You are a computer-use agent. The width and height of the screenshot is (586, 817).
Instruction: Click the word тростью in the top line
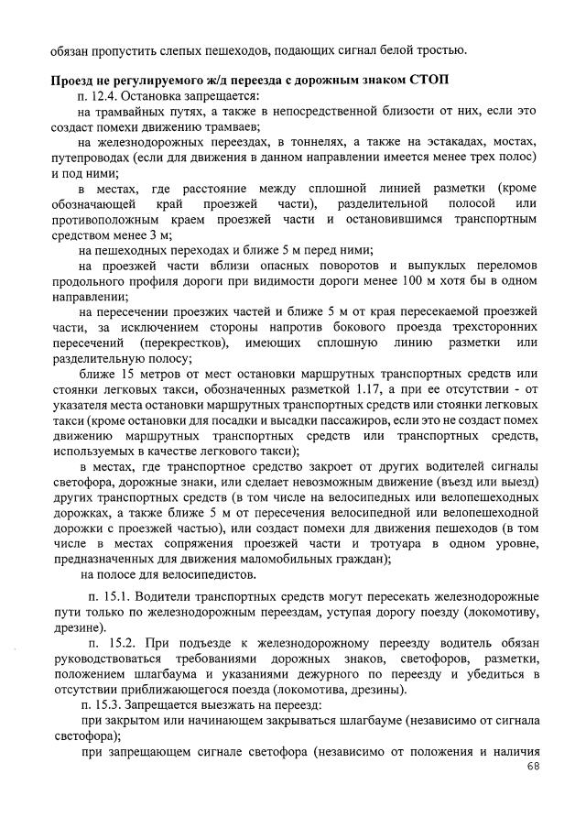(444, 49)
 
